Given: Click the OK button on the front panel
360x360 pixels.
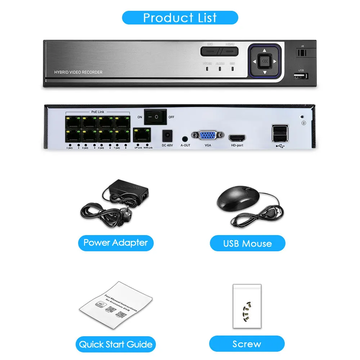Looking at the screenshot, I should pos(265,61).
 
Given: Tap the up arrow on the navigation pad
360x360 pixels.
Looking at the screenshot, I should pos(265,50).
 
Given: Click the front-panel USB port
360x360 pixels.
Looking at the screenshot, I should pos(301,76).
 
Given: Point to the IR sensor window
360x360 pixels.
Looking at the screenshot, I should pos(302,52).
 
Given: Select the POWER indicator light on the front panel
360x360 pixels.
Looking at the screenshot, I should pos(207,68).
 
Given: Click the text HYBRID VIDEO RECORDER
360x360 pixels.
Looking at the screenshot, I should pos(78,72).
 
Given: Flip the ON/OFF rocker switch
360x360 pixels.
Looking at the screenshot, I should pos(155,117).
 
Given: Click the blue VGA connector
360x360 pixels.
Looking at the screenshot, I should pos(208,136).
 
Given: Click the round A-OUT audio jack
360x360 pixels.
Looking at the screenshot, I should pos(185,138).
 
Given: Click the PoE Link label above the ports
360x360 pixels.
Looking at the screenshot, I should pos(98,112).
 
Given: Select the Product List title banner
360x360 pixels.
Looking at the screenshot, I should pos(180,18).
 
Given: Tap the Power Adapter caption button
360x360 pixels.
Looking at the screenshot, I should pos(116,243).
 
